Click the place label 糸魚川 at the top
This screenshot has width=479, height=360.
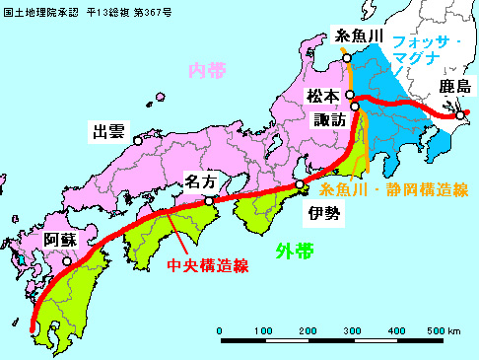click(353, 34)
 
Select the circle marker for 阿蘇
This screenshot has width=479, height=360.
click(67, 261)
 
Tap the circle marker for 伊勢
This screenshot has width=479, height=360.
click(301, 184)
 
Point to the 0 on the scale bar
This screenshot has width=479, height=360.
click(219, 330)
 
